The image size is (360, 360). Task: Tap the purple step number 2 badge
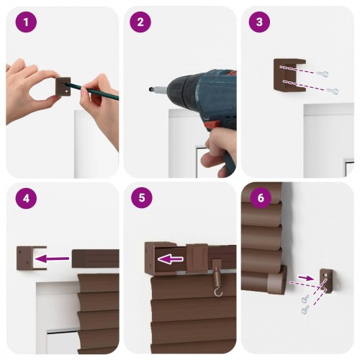tap(140, 23)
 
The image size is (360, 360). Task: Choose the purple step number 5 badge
tap(140, 198)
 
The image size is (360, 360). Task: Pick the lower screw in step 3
tap(332, 91)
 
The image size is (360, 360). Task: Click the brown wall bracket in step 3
tap(283, 79)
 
